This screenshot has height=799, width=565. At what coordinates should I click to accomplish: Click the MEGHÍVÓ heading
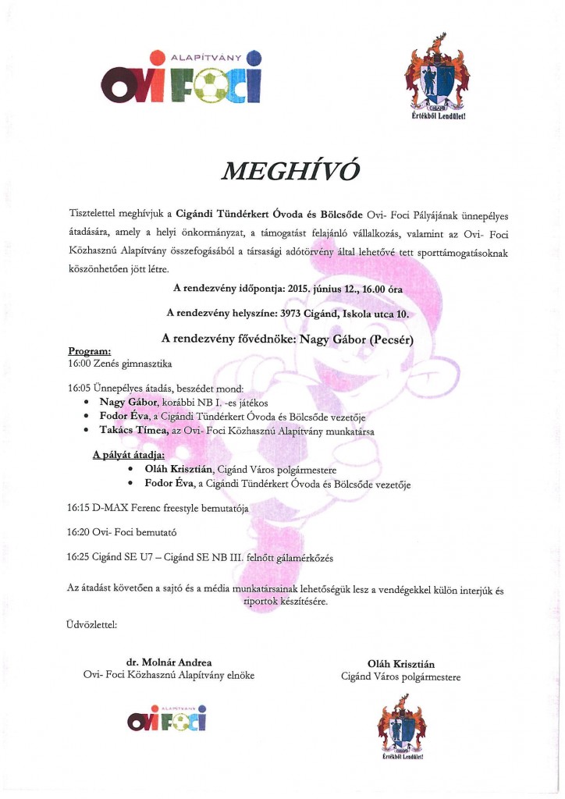[281, 171]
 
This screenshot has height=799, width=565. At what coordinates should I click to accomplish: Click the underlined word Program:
[90, 352]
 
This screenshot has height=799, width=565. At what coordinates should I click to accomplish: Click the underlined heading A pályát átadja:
[123, 455]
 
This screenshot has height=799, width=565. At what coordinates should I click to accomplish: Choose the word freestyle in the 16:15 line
[179, 509]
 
